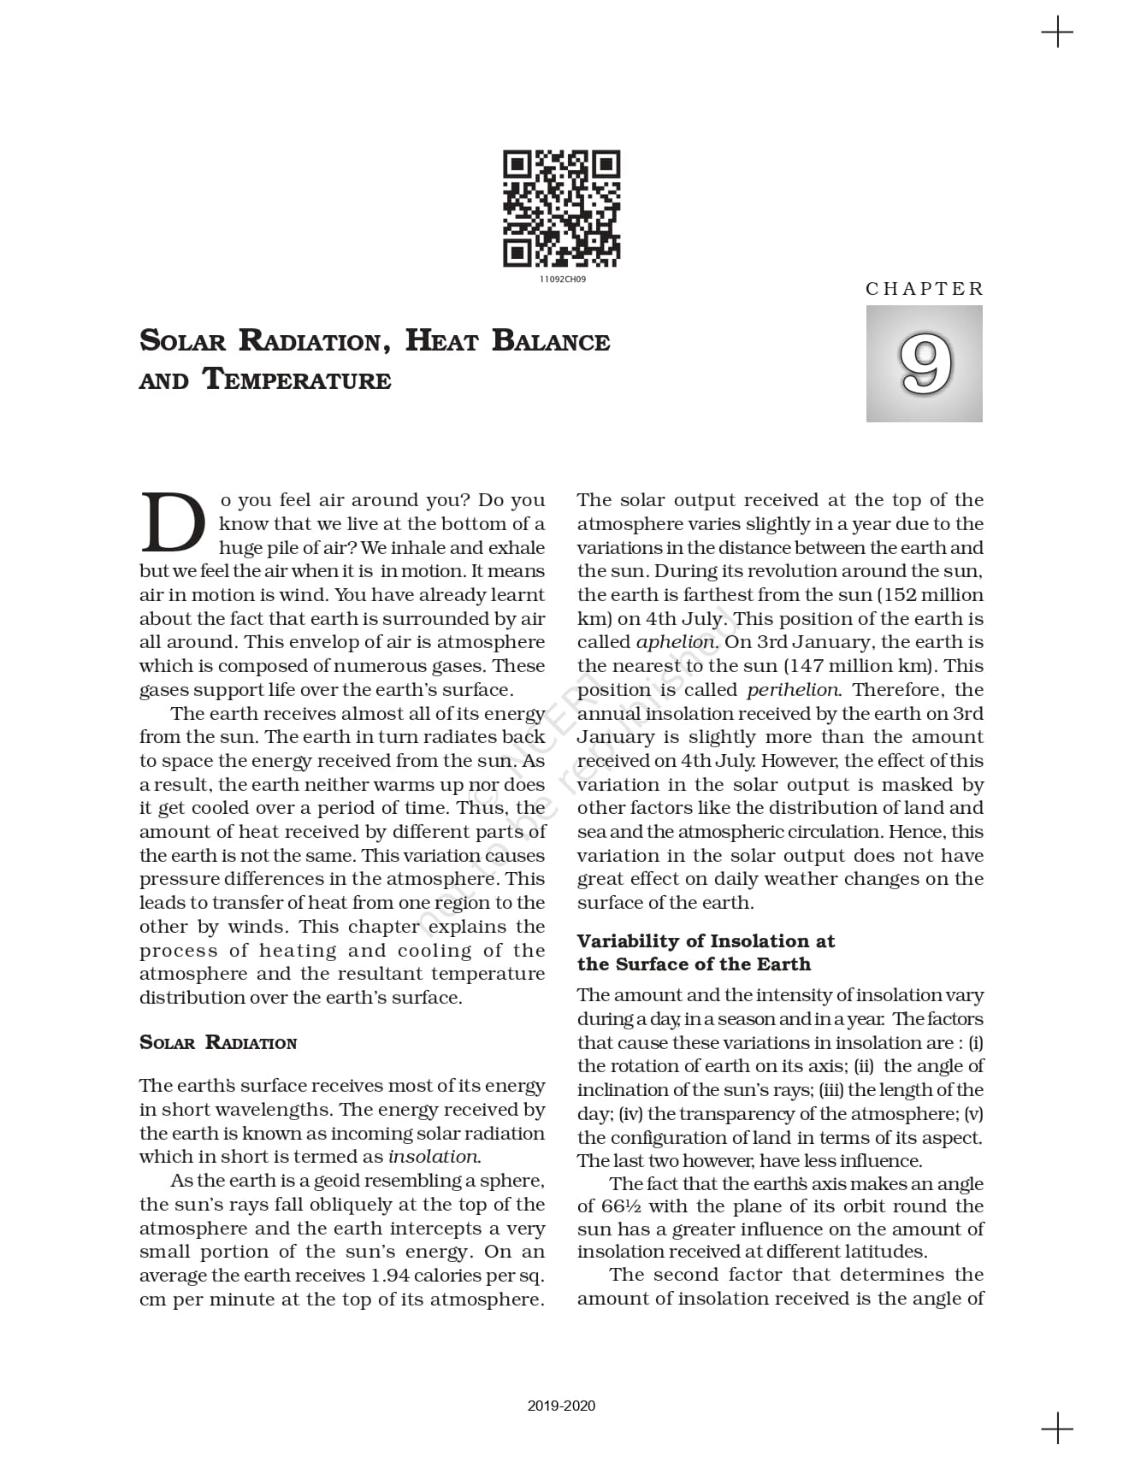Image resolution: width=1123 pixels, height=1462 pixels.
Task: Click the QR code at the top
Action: pos(561,209)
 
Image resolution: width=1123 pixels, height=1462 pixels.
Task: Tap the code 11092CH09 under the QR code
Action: pos(562,280)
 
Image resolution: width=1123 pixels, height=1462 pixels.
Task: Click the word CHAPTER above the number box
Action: pos(924,289)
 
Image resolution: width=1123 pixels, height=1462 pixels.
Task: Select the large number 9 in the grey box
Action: pos(925,364)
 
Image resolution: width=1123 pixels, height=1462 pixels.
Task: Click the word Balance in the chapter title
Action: pos(551,341)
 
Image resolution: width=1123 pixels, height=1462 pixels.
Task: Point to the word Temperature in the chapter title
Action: pos(297,379)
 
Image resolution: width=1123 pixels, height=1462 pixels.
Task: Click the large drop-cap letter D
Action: pos(172,523)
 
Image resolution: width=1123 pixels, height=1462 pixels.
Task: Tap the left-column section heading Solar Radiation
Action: pos(218,1042)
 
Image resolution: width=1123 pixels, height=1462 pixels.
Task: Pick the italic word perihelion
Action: pos(793,690)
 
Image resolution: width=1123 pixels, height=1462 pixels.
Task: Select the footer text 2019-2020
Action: pos(561,1406)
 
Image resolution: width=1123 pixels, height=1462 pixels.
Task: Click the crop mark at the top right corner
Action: pos(1057,32)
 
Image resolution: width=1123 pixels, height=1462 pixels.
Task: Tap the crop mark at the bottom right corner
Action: pos(1057,1429)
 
